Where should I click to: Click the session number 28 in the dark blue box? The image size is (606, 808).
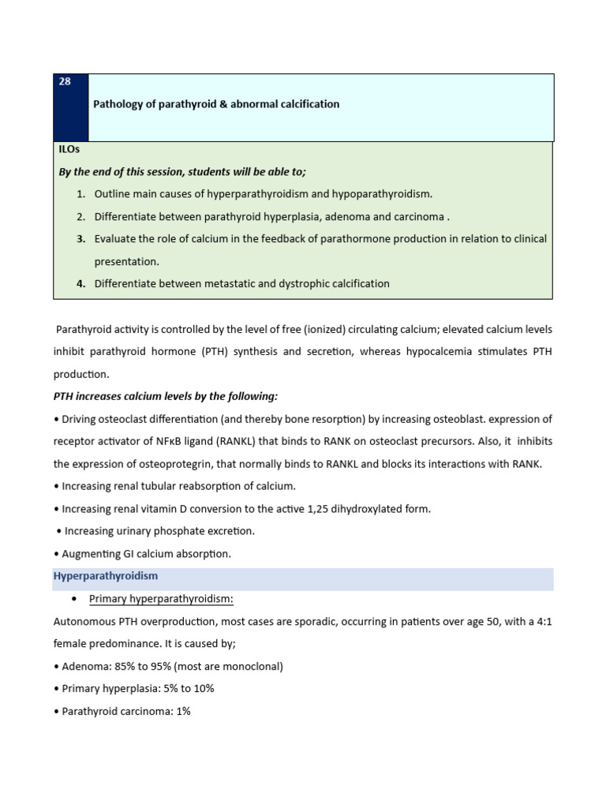point(65,82)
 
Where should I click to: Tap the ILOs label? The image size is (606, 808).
point(69,149)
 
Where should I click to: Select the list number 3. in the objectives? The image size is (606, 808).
point(81,238)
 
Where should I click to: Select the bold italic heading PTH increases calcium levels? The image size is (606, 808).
point(166,396)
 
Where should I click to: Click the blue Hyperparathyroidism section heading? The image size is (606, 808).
point(106,576)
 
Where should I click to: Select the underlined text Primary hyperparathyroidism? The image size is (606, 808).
point(161,599)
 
